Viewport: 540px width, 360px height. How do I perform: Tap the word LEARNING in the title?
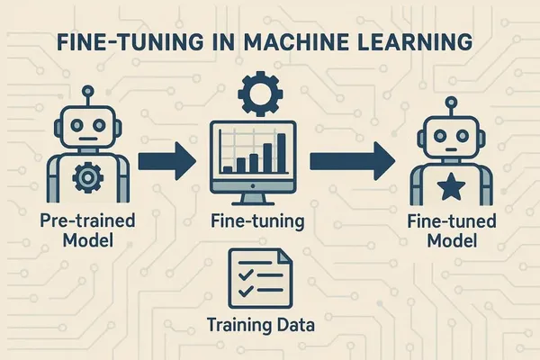415,42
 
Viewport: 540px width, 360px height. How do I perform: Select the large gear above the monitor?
260,94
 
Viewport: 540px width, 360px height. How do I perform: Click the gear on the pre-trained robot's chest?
88,177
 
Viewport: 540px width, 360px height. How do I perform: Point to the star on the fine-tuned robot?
451,187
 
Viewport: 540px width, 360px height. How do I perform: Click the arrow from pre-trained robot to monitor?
167,161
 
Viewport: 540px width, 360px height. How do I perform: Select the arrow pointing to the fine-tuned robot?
352,161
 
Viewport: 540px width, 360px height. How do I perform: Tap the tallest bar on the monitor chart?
282,153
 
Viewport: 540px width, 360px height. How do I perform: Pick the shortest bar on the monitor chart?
228,169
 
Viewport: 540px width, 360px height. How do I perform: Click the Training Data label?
261,325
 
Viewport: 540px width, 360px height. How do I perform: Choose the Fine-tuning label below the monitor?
257,221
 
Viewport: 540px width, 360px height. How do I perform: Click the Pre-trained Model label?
88,230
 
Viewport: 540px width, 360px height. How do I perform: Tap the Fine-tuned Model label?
452,230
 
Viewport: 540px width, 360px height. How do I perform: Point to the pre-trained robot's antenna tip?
88,91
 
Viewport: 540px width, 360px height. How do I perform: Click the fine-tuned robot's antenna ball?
451,102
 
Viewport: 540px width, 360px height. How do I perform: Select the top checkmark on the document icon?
246,274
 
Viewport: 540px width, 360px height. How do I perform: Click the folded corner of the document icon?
284,256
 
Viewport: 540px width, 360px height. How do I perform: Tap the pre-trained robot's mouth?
88,139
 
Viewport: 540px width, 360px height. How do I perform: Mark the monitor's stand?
253,199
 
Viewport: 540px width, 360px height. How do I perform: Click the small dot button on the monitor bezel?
253,186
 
